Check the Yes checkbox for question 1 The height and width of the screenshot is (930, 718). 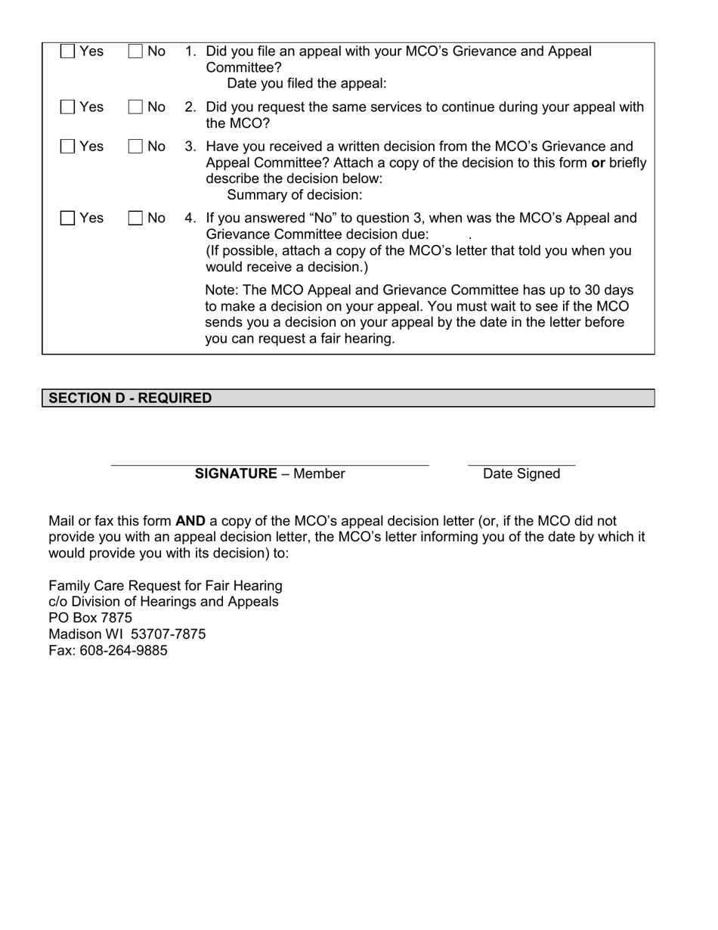click(68, 51)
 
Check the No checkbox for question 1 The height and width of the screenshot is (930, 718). click(136, 51)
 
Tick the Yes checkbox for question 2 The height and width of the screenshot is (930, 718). click(68, 107)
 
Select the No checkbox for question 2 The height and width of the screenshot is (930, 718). click(136, 107)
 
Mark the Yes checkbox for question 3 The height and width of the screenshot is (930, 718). click(68, 147)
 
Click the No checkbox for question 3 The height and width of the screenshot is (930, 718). click(136, 147)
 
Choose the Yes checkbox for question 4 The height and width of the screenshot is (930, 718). click(68, 219)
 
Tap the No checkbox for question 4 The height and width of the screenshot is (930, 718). click(136, 219)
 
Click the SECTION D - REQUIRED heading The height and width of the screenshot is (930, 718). click(130, 398)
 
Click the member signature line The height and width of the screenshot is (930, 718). click(270, 463)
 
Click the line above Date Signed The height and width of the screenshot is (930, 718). click(521, 463)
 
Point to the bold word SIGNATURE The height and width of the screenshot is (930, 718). click(236, 474)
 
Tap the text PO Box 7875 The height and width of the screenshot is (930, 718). click(90, 618)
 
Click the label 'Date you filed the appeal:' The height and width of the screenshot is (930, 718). click(307, 84)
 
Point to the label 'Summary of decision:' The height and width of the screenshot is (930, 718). click(295, 195)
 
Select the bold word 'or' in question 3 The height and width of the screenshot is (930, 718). click(598, 163)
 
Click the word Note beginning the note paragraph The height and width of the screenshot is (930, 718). click(221, 291)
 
